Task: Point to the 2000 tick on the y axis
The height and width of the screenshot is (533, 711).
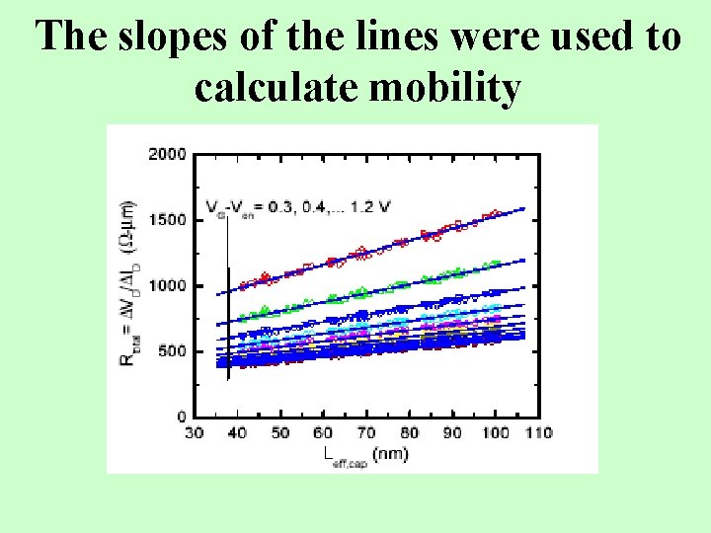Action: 167,154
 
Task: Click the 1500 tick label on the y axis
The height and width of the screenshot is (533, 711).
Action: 167,220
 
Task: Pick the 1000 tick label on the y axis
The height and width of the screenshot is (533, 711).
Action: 167,285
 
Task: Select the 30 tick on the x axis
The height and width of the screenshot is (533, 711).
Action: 196,432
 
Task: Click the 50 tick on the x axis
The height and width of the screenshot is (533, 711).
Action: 280,432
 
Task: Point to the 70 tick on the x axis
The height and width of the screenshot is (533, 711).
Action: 366,432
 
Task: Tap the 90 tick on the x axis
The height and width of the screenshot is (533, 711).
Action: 451,432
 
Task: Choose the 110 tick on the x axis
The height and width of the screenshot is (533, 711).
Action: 538,432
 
